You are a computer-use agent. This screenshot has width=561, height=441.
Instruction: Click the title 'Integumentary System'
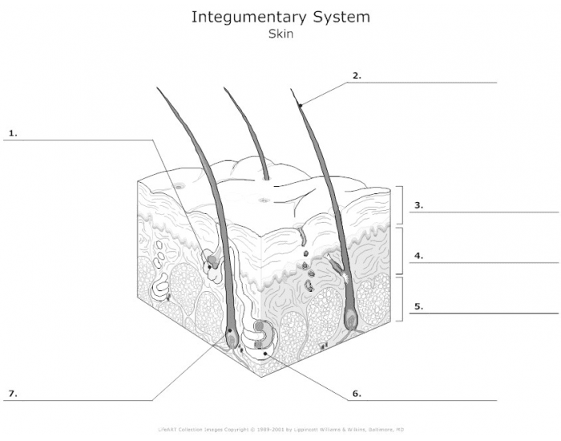(280, 17)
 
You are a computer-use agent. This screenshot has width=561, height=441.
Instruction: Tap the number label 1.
(12, 131)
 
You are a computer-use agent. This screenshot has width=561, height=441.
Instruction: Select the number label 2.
(357, 75)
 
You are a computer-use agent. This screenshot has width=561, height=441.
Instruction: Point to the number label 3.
(418, 205)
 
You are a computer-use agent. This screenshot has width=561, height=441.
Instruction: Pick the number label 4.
(418, 257)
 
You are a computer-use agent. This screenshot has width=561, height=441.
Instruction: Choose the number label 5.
(418, 305)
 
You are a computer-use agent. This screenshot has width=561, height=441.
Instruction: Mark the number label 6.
(357, 394)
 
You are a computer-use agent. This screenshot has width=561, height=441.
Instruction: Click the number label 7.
(12, 394)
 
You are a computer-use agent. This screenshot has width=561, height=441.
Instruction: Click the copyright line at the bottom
(280, 429)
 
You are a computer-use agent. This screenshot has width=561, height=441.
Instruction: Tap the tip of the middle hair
(224, 88)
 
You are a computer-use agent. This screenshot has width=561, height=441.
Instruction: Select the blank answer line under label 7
(80, 400)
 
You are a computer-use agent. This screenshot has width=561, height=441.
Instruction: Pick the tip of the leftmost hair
(157, 87)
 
